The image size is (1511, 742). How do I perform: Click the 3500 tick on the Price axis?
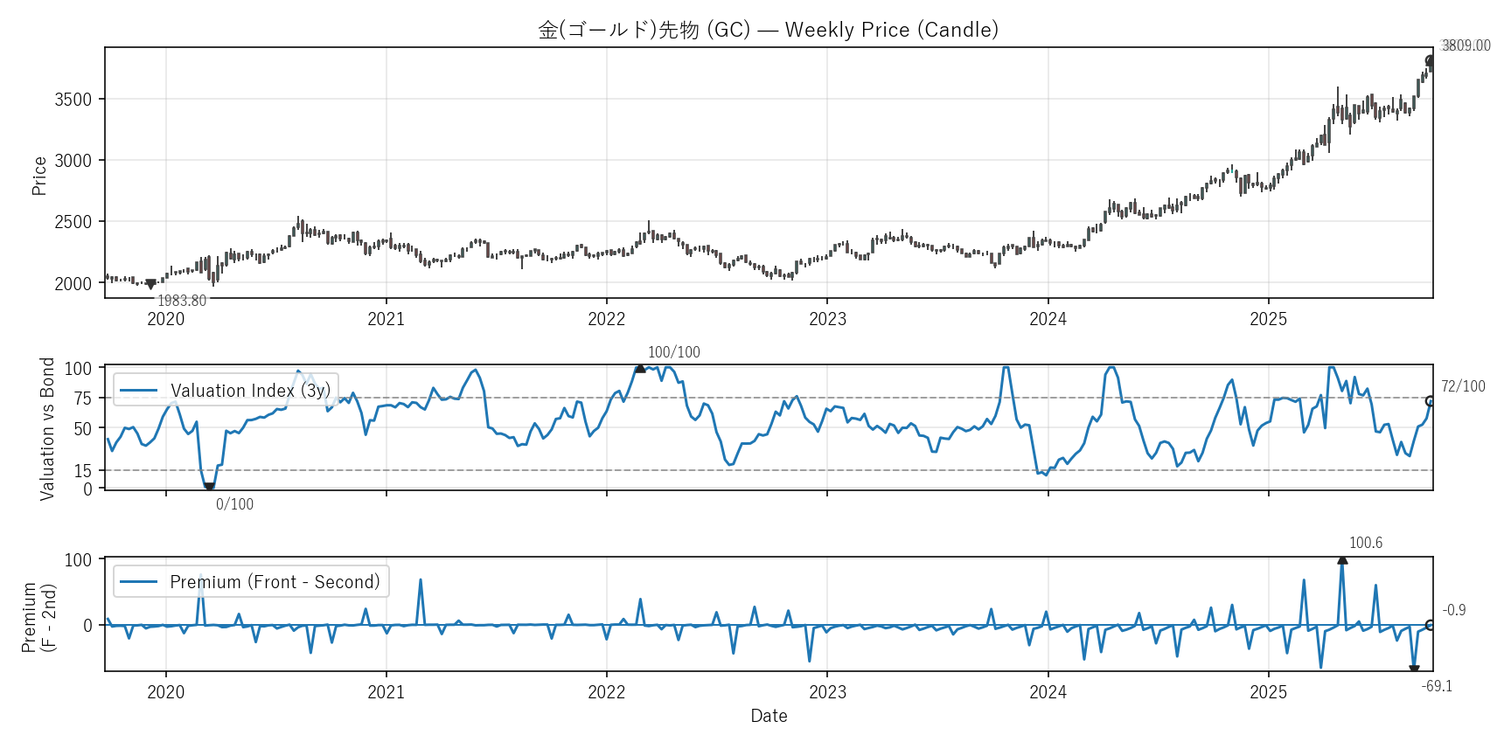point(73,100)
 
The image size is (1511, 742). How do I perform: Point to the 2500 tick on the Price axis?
point(73,222)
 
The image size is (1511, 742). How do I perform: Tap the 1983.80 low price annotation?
point(182,301)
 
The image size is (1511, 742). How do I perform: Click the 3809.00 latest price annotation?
point(1466,45)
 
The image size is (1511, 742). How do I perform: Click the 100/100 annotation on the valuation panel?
point(673,352)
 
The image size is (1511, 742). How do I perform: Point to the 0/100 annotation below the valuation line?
point(234,504)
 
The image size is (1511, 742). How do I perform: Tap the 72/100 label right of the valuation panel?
point(1463,386)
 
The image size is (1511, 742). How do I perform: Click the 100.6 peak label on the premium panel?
point(1365,543)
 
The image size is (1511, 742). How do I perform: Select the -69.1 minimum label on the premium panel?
point(1437,686)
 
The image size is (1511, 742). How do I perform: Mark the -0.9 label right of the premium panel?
point(1453,610)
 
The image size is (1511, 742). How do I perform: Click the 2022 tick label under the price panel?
point(606,319)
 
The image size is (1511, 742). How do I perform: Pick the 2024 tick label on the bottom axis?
point(1048,692)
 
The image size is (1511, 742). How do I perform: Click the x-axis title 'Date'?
point(769,716)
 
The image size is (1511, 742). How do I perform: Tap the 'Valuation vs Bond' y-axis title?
point(47,428)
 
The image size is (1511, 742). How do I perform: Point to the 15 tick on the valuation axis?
point(82,471)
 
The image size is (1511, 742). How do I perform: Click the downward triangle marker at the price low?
point(150,284)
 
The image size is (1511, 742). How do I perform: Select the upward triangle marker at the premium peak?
point(1342,560)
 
